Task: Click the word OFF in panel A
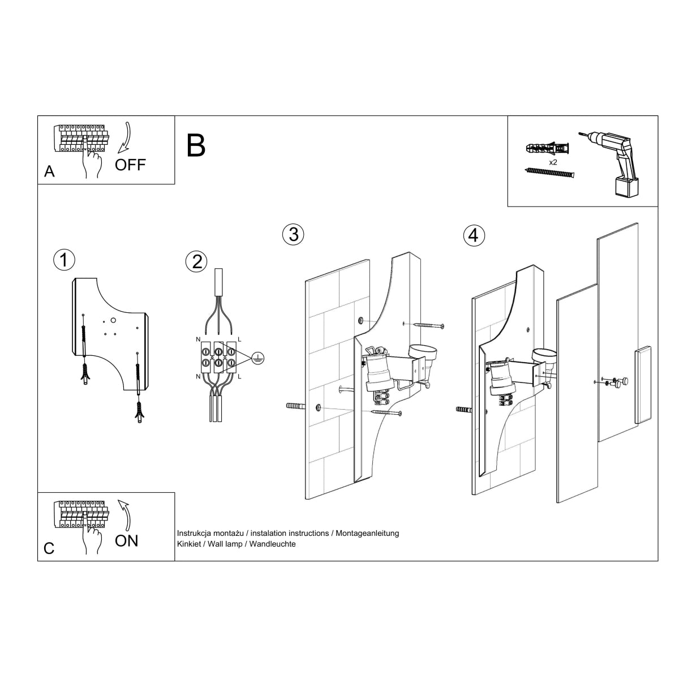pos(130,165)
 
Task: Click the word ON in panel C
pos(126,541)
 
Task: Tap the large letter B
pos(196,145)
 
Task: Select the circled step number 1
pos(64,260)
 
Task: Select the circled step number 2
pos(196,261)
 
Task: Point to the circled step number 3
pos(293,234)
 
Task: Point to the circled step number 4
pos(474,235)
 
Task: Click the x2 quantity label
pos(553,162)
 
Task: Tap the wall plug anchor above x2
pos(548,149)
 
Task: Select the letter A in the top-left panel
pos(50,172)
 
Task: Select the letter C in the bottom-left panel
pos(49,548)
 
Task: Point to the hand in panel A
pos(91,161)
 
